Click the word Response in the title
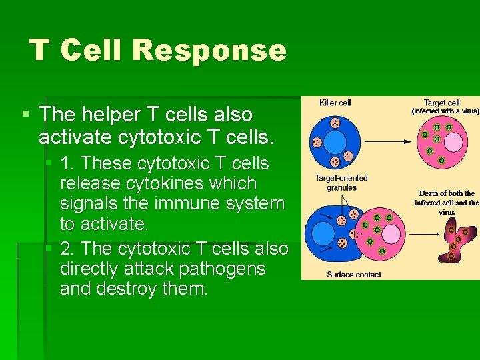209,51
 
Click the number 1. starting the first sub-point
67,164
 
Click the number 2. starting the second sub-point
67,249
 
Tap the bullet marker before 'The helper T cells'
25,115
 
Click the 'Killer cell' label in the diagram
335,103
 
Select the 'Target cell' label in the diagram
442,103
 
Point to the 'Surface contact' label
354,274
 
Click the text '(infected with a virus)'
445,111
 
